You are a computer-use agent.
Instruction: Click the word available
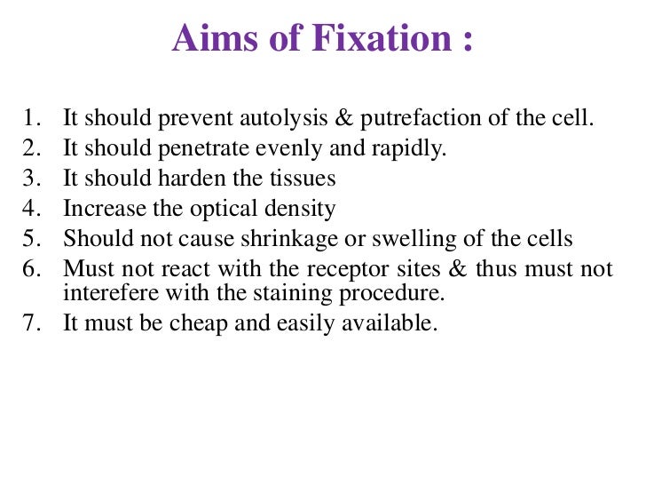(x=394, y=323)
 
